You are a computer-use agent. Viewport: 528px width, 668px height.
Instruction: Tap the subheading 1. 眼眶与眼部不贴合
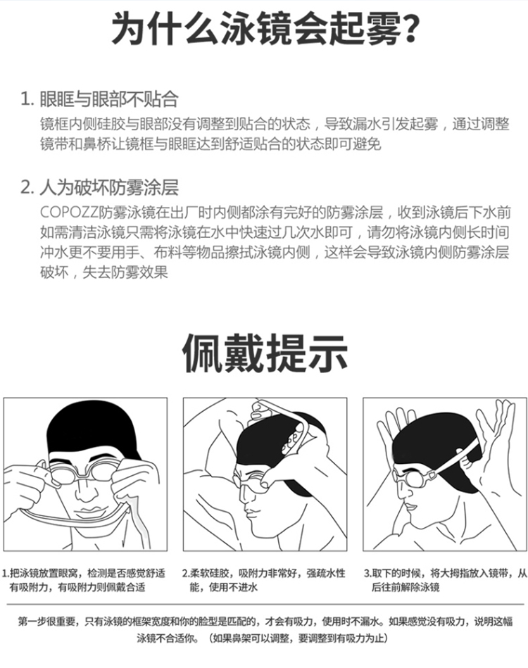coord(100,99)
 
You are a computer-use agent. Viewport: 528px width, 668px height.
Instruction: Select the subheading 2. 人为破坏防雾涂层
coord(100,187)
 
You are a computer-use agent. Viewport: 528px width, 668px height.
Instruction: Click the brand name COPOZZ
coord(69,212)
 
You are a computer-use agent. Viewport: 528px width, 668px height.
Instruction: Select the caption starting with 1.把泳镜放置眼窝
coord(84,580)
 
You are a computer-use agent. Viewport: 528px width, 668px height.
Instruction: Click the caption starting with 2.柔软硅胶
coord(263,580)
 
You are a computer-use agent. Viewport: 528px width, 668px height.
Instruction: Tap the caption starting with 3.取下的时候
coord(446,580)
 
